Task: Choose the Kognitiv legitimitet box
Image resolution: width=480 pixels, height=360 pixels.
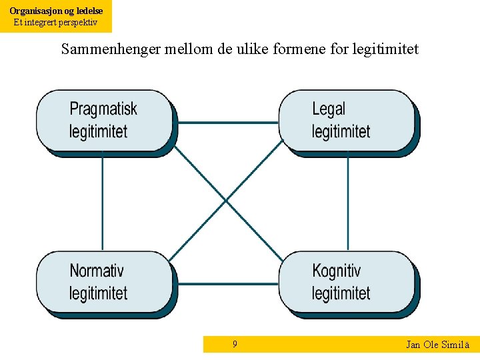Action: (346, 282)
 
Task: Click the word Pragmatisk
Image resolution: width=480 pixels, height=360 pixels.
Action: (103, 109)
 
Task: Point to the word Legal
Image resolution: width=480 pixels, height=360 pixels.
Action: (329, 109)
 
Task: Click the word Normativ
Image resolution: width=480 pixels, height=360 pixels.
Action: (97, 271)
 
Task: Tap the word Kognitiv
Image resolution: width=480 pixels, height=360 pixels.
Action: (336, 271)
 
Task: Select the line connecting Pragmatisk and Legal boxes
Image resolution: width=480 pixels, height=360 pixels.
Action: (227, 123)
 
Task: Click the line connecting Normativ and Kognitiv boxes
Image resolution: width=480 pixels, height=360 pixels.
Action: (227, 284)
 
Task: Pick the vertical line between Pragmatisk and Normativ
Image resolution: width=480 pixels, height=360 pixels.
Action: (102, 203)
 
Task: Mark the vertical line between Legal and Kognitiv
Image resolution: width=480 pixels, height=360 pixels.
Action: (347, 203)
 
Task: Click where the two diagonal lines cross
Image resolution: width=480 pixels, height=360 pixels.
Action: (226, 200)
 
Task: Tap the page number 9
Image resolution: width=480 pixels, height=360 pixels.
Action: (235, 344)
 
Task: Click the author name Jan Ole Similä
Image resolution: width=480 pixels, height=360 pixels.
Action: (438, 345)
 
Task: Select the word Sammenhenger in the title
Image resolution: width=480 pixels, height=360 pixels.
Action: (110, 49)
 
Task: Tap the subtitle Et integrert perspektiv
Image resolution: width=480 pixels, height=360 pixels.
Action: (56, 22)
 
